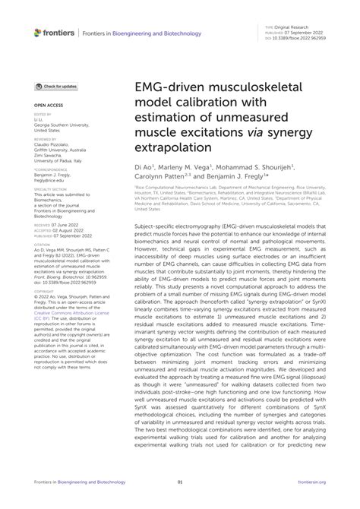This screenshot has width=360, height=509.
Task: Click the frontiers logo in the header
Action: [x=52, y=33]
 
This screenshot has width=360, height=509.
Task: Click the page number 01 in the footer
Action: [x=179, y=482]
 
